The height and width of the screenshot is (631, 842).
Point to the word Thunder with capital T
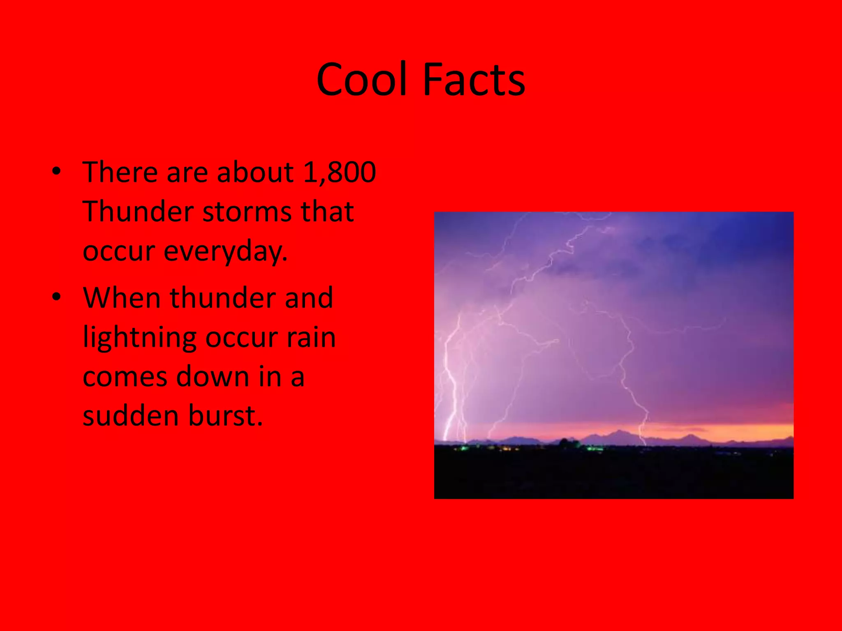click(x=138, y=212)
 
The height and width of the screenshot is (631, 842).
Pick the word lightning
click(x=140, y=338)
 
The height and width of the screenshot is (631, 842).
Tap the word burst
click(x=226, y=416)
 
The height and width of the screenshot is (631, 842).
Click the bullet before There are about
click(x=57, y=171)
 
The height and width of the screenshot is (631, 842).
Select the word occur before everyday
click(x=119, y=251)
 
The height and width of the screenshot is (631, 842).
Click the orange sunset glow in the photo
click(x=740, y=431)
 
